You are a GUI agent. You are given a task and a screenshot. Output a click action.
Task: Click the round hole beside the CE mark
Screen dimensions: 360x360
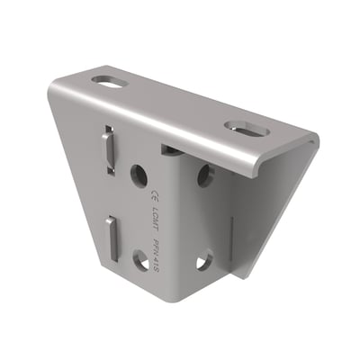point(139,174)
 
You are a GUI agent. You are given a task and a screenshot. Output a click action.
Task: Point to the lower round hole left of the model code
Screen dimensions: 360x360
point(141,260)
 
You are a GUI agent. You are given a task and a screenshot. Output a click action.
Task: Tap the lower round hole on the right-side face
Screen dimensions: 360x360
point(204,260)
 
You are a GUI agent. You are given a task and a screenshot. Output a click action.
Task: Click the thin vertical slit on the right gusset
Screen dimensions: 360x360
point(232,238)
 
